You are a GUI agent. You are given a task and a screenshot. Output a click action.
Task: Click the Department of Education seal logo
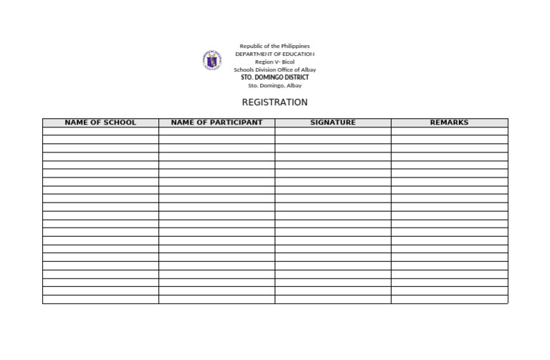212,60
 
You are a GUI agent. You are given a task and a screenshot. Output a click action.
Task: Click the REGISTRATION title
275,102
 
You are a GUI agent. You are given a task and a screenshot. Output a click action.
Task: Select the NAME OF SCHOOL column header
100,122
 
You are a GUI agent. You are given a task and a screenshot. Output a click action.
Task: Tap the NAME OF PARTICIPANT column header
217,122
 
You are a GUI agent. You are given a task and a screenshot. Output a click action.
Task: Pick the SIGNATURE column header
333,122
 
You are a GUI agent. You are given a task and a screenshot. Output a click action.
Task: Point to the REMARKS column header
449,122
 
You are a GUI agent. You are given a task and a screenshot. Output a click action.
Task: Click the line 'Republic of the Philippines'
275,46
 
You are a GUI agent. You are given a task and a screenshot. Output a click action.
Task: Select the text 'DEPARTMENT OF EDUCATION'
275,54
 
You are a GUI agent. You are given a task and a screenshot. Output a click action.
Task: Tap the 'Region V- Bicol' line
275,62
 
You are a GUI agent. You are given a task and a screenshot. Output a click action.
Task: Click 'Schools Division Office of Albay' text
275,69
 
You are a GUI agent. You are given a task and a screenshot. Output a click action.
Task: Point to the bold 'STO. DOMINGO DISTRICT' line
275,77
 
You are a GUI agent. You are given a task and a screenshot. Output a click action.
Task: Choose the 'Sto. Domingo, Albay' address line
275,85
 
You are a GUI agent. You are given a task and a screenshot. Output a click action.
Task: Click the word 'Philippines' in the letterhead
294,46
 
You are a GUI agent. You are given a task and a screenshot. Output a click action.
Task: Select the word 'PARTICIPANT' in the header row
233,122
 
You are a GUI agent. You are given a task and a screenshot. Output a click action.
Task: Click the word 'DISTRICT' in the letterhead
294,77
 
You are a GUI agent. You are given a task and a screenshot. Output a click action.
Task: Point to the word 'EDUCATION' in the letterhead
295,54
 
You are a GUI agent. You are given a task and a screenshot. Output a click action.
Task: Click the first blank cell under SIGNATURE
333,132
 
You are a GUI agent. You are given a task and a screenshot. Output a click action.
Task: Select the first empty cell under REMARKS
449,132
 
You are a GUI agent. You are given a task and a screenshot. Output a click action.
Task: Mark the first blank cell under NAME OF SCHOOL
100,132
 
